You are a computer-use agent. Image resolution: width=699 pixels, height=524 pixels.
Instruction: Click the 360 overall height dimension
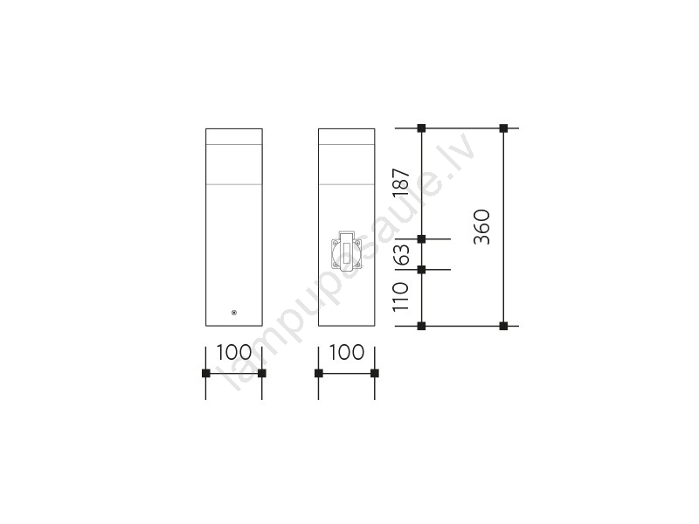tap(482, 227)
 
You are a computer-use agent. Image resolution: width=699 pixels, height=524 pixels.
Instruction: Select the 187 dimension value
tap(401, 182)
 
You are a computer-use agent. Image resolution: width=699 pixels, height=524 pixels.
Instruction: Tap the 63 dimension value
tap(401, 255)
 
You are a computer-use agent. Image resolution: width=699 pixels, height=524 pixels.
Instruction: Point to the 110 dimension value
tap(400, 296)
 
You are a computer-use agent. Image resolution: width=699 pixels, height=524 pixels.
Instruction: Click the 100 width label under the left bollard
tap(234, 353)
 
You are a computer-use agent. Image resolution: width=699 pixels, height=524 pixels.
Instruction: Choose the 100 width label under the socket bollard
tap(347, 353)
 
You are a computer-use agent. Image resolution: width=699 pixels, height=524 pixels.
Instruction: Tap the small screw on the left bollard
tap(234, 313)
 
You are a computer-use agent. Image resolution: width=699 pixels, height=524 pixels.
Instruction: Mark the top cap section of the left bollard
tap(234, 137)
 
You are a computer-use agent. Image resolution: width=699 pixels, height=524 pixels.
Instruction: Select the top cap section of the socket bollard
tap(347, 137)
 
